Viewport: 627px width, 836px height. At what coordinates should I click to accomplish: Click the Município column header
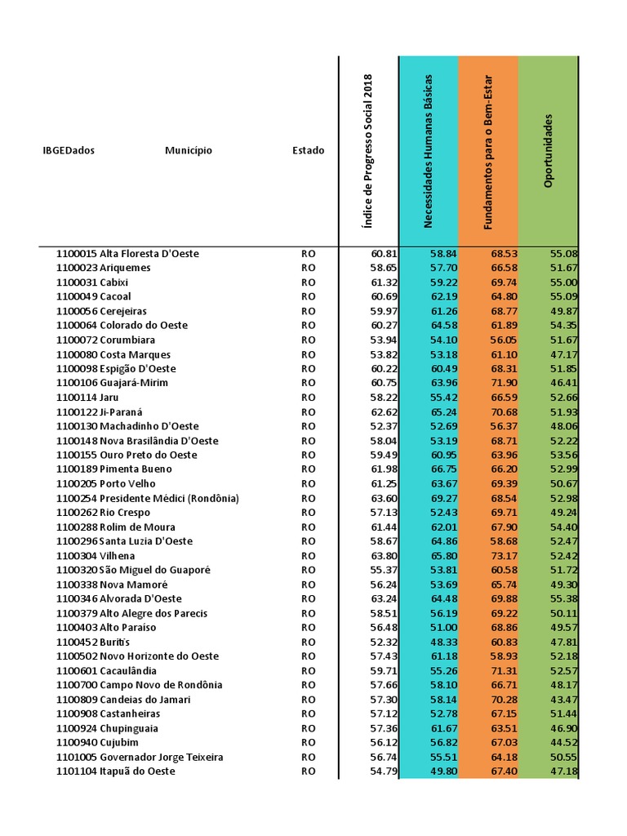[x=188, y=150]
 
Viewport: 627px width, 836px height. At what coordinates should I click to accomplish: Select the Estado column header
[x=308, y=150]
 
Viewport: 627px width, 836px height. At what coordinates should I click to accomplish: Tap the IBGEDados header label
[x=69, y=150]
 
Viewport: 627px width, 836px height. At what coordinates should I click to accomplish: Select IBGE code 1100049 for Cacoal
[x=76, y=296]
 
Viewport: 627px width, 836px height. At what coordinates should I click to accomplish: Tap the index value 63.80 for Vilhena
[x=383, y=556]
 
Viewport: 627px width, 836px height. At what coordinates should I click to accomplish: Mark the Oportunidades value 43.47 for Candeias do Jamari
[x=564, y=700]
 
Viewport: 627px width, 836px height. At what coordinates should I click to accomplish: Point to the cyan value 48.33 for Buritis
[x=443, y=643]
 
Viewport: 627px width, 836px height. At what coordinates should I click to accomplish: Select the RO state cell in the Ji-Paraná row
[x=308, y=412]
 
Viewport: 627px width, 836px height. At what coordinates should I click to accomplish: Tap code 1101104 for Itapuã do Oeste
[x=76, y=772]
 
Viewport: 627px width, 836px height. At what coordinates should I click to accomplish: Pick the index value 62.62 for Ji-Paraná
[x=383, y=412]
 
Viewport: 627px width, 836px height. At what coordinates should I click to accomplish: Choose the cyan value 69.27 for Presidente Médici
[x=443, y=498]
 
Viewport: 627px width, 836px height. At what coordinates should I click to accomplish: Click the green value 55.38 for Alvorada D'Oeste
[x=564, y=599]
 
